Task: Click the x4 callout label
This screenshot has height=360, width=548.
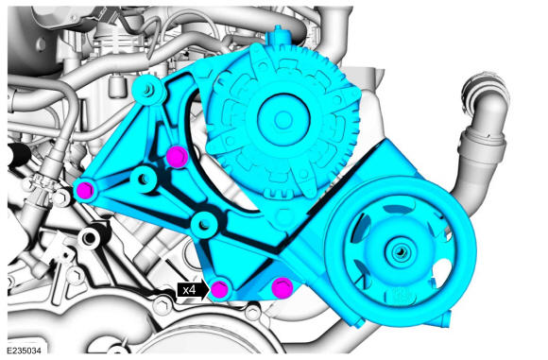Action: click(x=189, y=290)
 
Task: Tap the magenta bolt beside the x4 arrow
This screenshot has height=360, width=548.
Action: click(x=220, y=289)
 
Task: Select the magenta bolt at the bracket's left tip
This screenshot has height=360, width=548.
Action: click(x=85, y=191)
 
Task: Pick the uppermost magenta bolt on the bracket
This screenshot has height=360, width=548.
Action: click(x=178, y=156)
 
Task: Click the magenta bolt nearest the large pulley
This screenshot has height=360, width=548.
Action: click(x=283, y=287)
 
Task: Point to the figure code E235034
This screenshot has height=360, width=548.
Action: click(x=24, y=351)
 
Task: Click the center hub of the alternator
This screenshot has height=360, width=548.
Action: click(x=283, y=120)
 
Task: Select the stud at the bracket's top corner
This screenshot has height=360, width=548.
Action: click(x=148, y=90)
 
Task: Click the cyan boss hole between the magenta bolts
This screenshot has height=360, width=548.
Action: click(x=144, y=179)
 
